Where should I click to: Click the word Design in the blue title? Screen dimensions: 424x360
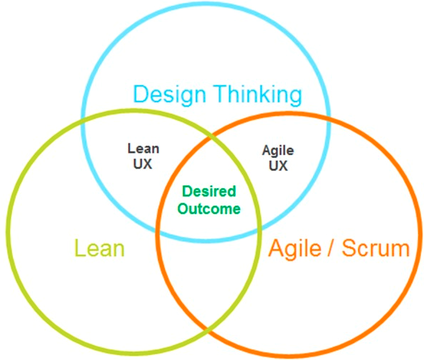click(x=170, y=96)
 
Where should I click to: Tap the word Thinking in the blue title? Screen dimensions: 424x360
click(x=258, y=94)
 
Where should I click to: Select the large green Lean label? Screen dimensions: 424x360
click(x=99, y=248)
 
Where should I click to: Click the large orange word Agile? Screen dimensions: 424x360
click(x=295, y=249)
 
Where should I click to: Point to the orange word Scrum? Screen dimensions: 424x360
click(x=376, y=248)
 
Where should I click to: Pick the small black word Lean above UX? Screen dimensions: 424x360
click(x=143, y=149)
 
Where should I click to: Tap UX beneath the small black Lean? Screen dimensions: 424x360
click(x=143, y=164)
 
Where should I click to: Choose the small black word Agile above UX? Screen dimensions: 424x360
click(x=278, y=150)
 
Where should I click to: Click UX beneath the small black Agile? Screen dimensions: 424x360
click(x=278, y=165)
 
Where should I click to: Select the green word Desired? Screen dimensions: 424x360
click(x=209, y=191)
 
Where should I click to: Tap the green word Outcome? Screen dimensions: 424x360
click(x=208, y=209)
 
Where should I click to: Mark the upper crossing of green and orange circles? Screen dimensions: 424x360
click(x=210, y=139)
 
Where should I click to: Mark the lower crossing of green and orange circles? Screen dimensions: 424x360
click(x=208, y=328)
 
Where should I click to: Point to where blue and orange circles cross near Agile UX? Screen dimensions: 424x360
click(x=329, y=118)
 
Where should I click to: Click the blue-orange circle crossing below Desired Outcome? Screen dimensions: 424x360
click(x=157, y=231)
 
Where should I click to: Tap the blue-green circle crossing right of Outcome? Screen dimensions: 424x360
click(x=259, y=229)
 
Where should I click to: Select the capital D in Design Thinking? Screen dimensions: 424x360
click(x=141, y=93)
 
